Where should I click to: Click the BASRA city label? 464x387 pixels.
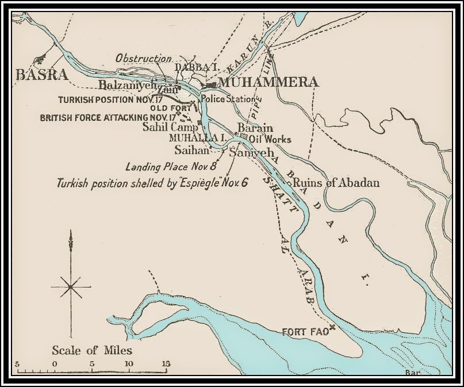pyautogui.click(x=42, y=75)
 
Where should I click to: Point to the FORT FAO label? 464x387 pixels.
pyautogui.click(x=305, y=332)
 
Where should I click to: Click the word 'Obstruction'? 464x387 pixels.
pyautogui.click(x=143, y=59)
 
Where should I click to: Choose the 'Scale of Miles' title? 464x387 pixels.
pyautogui.click(x=91, y=350)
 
